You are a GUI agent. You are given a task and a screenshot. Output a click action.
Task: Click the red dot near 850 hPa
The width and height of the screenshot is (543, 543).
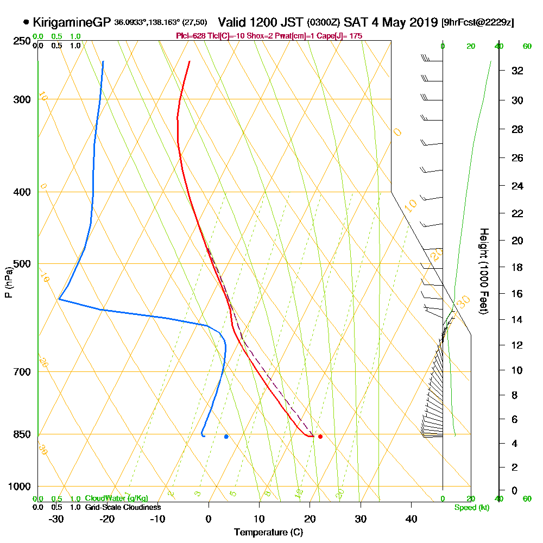(320, 437)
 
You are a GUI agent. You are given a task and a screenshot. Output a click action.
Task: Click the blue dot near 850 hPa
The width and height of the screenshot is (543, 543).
(226, 437)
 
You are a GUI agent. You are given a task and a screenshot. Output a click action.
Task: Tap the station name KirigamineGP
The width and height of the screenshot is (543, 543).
(72, 23)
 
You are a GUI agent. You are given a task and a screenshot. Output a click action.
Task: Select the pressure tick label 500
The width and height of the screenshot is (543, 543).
(21, 264)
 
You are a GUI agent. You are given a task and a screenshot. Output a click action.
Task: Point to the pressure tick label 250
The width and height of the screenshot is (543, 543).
(21, 41)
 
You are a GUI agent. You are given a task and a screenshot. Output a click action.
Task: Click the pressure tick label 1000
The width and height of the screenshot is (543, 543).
(19, 487)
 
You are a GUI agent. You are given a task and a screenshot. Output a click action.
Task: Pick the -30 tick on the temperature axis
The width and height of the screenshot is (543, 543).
(56, 519)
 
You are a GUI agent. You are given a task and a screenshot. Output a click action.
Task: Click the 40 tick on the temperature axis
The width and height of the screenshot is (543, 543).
(411, 519)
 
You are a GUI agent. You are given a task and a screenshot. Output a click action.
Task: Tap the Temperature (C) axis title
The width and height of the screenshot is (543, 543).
(268, 533)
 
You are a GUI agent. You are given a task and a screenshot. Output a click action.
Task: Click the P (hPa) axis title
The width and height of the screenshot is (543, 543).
(8, 282)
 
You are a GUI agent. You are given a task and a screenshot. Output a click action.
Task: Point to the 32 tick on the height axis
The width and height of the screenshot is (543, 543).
(517, 71)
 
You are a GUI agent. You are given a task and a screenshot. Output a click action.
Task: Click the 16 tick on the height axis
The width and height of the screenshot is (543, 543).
(517, 294)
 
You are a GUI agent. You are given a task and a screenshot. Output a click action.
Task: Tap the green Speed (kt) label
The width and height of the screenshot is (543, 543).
(470, 508)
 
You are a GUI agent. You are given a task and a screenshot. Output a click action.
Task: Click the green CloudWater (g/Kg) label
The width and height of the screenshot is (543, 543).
(116, 498)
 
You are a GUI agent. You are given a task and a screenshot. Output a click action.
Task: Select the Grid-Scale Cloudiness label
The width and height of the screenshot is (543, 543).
(123, 507)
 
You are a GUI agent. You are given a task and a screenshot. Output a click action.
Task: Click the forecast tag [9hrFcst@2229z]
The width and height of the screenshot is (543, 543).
(478, 23)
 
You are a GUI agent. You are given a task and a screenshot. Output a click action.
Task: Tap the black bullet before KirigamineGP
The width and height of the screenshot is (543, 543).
(26, 23)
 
